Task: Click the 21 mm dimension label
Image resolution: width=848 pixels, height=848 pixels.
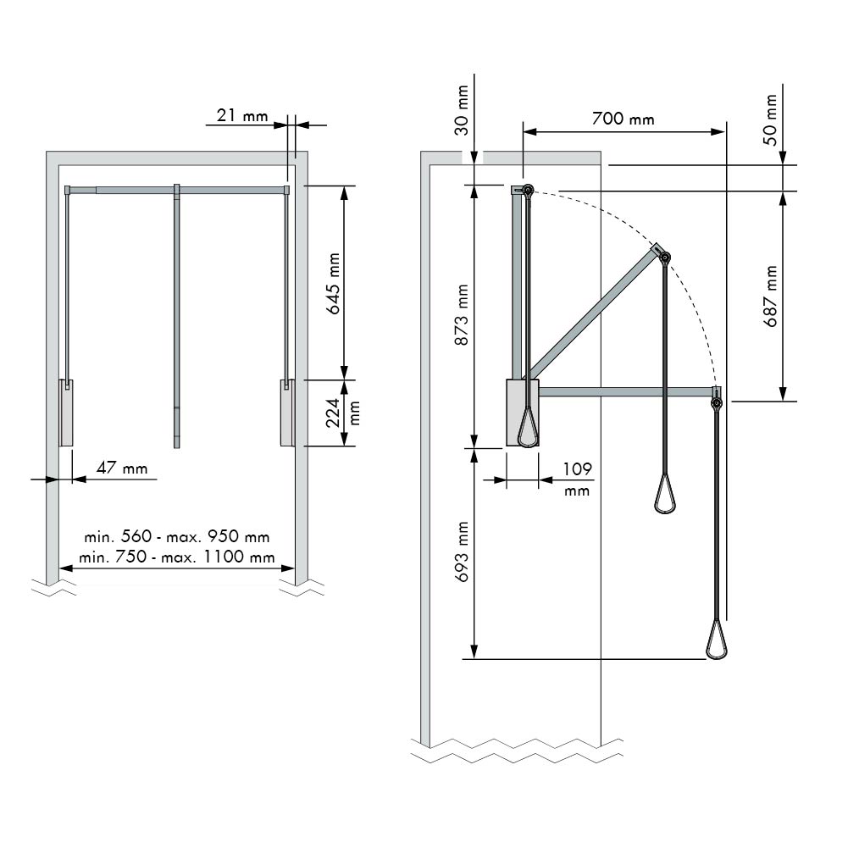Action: pos(241,115)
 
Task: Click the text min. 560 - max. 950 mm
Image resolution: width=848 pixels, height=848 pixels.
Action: pos(176,537)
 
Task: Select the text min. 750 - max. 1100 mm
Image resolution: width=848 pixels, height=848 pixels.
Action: pos(176,557)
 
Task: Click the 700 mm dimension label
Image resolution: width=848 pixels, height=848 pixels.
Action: pos(624,118)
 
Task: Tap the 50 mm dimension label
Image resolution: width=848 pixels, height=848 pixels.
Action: pos(770,119)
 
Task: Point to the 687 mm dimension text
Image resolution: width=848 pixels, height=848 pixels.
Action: pos(770,297)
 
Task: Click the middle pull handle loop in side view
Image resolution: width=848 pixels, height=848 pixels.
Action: pos(664,496)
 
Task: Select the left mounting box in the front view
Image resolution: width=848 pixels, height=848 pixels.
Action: pos(66,413)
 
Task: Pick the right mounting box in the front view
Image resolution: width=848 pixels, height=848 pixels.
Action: pos(286,413)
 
